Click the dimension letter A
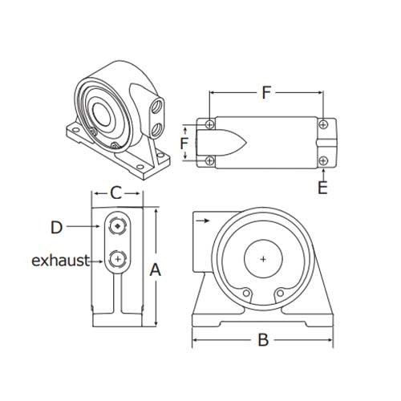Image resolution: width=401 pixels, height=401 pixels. (156, 270)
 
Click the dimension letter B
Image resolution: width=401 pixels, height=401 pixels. (262, 340)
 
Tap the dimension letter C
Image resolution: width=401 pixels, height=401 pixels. (116, 192)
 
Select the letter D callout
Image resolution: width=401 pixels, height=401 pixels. (56, 228)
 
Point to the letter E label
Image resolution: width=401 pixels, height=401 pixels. (322, 188)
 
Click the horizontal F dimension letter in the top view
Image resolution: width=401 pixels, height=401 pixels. (265, 92)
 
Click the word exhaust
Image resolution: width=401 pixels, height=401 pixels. (60, 261)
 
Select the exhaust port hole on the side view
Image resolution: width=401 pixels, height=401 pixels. (119, 259)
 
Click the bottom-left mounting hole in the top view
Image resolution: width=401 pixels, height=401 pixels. (209, 161)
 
